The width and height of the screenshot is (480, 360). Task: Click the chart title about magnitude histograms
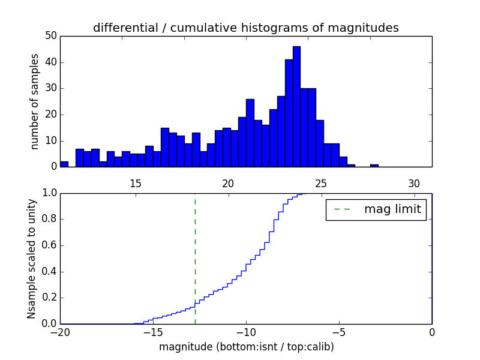tap(245, 28)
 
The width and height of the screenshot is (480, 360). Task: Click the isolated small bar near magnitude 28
tap(374, 166)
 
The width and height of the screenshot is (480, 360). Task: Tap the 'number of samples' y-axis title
tap(35, 101)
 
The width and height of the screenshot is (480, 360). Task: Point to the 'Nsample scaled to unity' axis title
tap(31, 259)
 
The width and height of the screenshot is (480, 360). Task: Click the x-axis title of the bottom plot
tap(246, 347)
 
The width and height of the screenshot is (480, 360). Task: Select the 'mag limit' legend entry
tap(376, 209)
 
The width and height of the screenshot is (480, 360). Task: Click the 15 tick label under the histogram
tap(135, 184)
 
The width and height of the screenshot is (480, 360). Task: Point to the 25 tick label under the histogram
tap(321, 184)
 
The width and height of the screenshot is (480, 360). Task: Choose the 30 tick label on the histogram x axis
tap(414, 184)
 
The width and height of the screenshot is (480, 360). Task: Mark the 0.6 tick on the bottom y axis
tap(49, 245)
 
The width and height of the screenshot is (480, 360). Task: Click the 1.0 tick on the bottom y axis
tap(49, 193)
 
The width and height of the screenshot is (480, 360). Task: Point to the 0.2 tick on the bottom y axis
tap(49, 298)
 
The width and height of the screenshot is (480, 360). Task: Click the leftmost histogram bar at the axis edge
tap(64, 164)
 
